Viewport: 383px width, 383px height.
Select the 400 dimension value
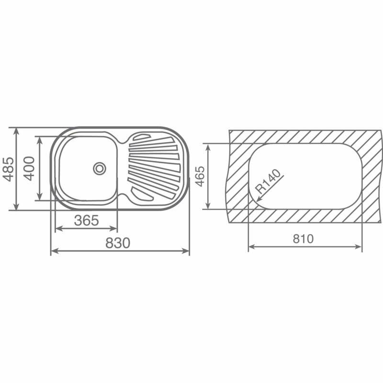pyautogui.click(x=29, y=169)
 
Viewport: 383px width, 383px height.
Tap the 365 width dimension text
pyautogui.click(x=87, y=220)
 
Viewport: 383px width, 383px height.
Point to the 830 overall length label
pyautogui.click(x=118, y=243)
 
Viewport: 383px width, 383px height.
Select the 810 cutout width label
pyautogui.click(x=304, y=238)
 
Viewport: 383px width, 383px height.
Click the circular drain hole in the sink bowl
pyautogui.click(x=100, y=168)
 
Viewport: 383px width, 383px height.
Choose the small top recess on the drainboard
pyautogui.click(x=141, y=137)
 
